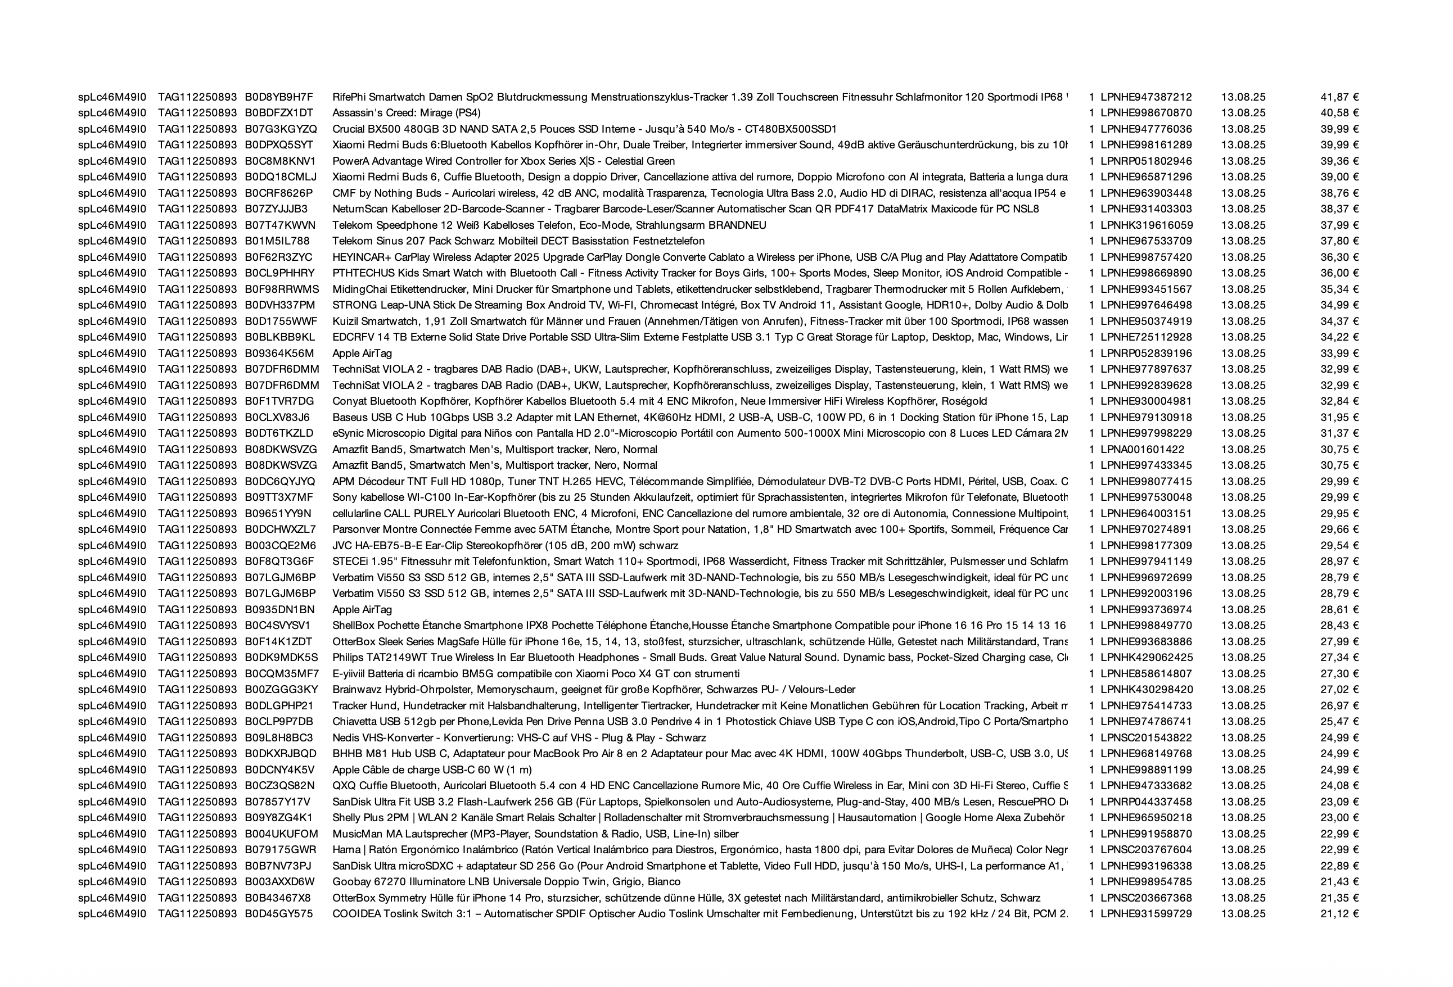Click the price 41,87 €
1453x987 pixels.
1339,97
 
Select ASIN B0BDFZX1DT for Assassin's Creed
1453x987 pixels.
279,113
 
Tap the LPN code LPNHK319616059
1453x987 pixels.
1146,225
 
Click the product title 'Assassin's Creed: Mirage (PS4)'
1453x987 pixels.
407,113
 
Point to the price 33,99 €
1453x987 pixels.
1339,353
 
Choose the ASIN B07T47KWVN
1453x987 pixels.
280,225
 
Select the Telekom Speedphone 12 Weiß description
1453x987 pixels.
549,225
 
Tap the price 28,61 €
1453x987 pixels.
1339,609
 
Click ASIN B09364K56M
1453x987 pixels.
279,353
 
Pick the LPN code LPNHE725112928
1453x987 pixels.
1146,337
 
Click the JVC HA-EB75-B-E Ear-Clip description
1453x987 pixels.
505,546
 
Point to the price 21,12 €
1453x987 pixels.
1339,914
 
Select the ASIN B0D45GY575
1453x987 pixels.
279,914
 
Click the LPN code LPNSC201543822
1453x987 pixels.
1146,737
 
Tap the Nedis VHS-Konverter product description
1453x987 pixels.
519,737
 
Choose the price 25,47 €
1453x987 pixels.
1339,721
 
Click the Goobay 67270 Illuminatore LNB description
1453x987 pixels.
507,882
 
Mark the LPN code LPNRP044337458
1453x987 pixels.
1146,802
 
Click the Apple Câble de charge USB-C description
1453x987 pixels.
432,769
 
